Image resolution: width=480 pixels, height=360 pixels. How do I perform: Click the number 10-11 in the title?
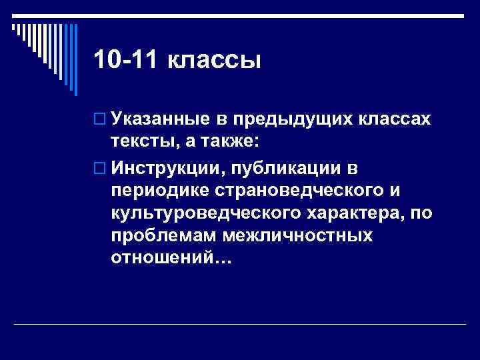click(125, 61)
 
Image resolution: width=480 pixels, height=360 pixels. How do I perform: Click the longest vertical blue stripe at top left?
click(75, 57)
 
